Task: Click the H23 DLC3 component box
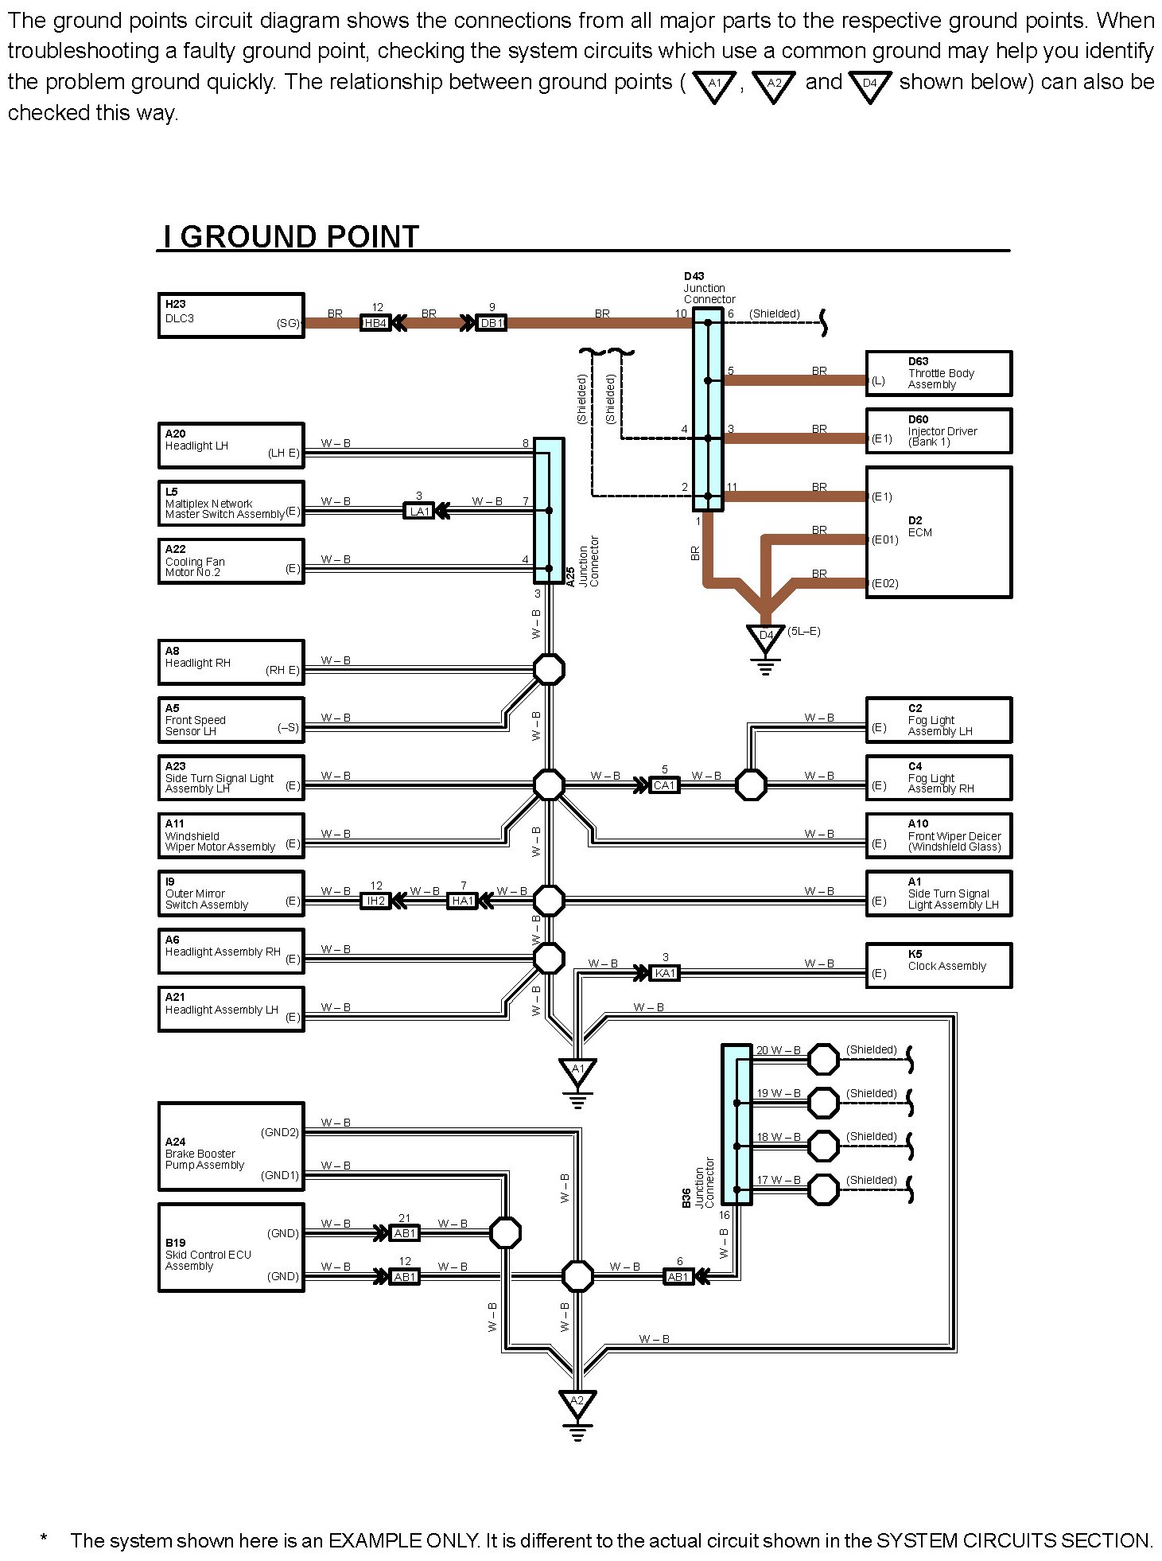(231, 315)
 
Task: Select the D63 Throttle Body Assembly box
(939, 373)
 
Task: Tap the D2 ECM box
(939, 531)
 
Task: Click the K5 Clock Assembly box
(939, 965)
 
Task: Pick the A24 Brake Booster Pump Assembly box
(231, 1146)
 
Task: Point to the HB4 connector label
(375, 323)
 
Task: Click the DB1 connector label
(492, 323)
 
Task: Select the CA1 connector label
(664, 785)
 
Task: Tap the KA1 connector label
(665, 973)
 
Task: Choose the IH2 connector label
(375, 901)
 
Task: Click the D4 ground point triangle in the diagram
(765, 636)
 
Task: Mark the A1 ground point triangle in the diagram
(577, 1070)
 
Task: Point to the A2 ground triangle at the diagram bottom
(577, 1401)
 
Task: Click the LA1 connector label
(419, 511)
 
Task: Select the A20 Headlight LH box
(231, 446)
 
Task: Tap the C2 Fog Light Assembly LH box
(939, 720)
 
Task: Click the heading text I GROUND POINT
(291, 236)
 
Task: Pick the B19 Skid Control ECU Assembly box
(231, 1248)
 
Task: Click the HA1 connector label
(462, 901)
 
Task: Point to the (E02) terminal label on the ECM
(884, 583)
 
